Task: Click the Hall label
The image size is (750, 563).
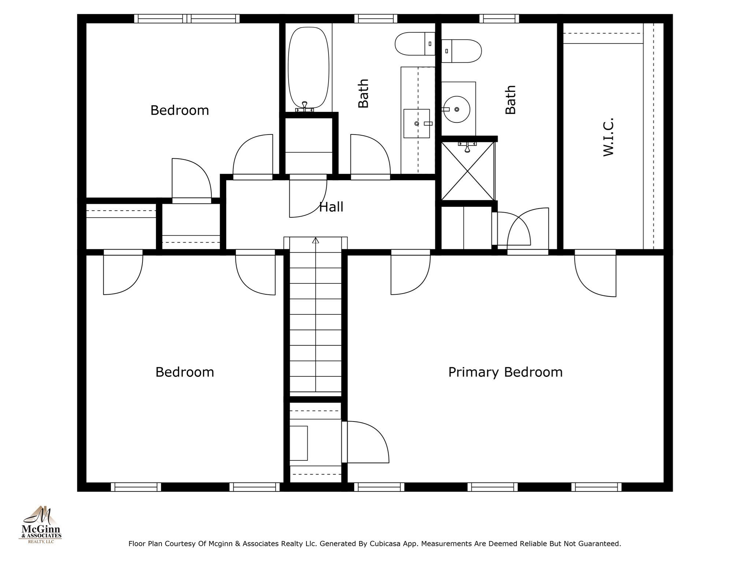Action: [x=331, y=207]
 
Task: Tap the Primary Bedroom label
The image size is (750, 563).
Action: [x=505, y=372]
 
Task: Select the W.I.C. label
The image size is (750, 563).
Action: [x=608, y=137]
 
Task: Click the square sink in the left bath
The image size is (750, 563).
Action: [x=416, y=124]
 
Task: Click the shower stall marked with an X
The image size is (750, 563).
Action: [x=468, y=171]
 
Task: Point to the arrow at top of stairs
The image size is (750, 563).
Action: [x=315, y=240]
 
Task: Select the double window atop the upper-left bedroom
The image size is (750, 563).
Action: [x=187, y=19]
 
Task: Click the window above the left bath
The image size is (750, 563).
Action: [x=376, y=19]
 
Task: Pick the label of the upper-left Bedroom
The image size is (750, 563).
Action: [x=179, y=110]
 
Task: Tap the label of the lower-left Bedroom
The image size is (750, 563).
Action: [x=185, y=372]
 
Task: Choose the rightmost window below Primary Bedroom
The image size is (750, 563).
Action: [x=596, y=487]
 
